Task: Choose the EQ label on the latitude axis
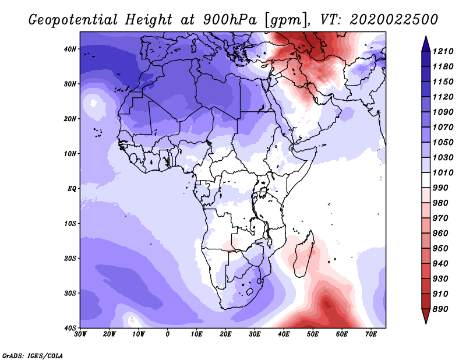click(x=72, y=188)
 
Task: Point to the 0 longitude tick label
click(x=168, y=334)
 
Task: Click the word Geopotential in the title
click(x=74, y=20)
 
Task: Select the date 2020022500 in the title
click(x=394, y=19)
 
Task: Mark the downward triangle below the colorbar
click(x=425, y=318)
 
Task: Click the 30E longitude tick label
click(x=255, y=334)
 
